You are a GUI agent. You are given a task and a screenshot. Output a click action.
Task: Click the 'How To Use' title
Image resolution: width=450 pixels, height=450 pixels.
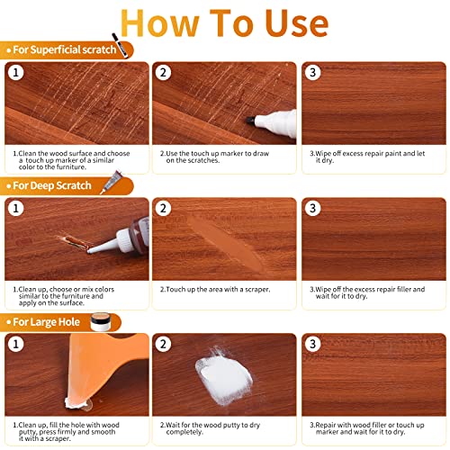coord(225,22)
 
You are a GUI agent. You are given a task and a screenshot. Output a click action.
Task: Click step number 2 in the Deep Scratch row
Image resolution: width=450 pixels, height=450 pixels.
coord(164,210)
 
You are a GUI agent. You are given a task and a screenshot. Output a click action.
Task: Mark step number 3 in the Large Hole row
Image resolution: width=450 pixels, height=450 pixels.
coord(312,345)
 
